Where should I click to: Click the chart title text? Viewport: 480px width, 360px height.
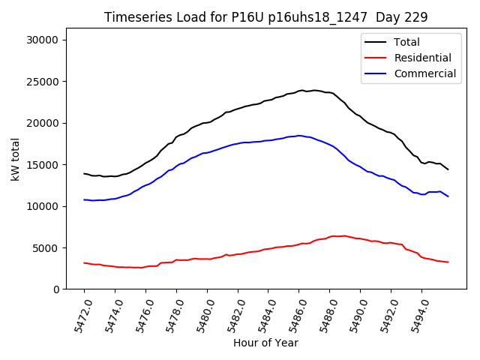tap(265, 17)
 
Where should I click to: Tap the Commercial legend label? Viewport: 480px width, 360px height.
tap(424, 73)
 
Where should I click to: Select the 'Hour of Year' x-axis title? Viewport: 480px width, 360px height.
tap(265, 343)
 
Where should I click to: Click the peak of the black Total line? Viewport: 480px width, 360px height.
tap(301, 90)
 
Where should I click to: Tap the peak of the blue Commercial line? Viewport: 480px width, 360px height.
tap(298, 136)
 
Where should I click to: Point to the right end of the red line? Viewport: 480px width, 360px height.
tap(448, 262)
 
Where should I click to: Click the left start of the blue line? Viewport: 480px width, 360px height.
tap(84, 199)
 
